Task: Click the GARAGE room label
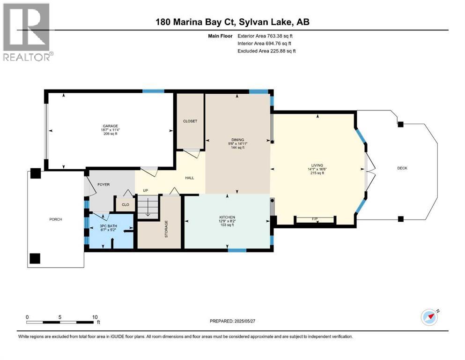pyautogui.click(x=111, y=126)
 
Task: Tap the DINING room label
pyautogui.click(x=237, y=140)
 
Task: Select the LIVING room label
pyautogui.click(x=317, y=165)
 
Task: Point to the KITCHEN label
pyautogui.click(x=227, y=217)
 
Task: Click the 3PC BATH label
pyautogui.click(x=108, y=226)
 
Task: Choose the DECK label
pyautogui.click(x=402, y=168)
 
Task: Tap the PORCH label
pyautogui.click(x=56, y=219)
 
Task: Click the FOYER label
pyautogui.click(x=103, y=185)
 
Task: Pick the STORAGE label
pyautogui.click(x=166, y=229)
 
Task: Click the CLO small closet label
pyautogui.click(x=125, y=205)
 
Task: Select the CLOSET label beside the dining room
pyautogui.click(x=190, y=121)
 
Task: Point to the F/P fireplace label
pyautogui.click(x=315, y=219)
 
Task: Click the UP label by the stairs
pyautogui.click(x=145, y=190)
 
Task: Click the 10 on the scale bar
pyautogui.click(x=95, y=317)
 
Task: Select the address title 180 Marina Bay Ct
pyautogui.click(x=196, y=22)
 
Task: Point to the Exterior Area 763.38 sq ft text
pyautogui.click(x=265, y=36)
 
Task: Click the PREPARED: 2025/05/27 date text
pyautogui.click(x=232, y=321)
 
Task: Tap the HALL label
pyautogui.click(x=190, y=178)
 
